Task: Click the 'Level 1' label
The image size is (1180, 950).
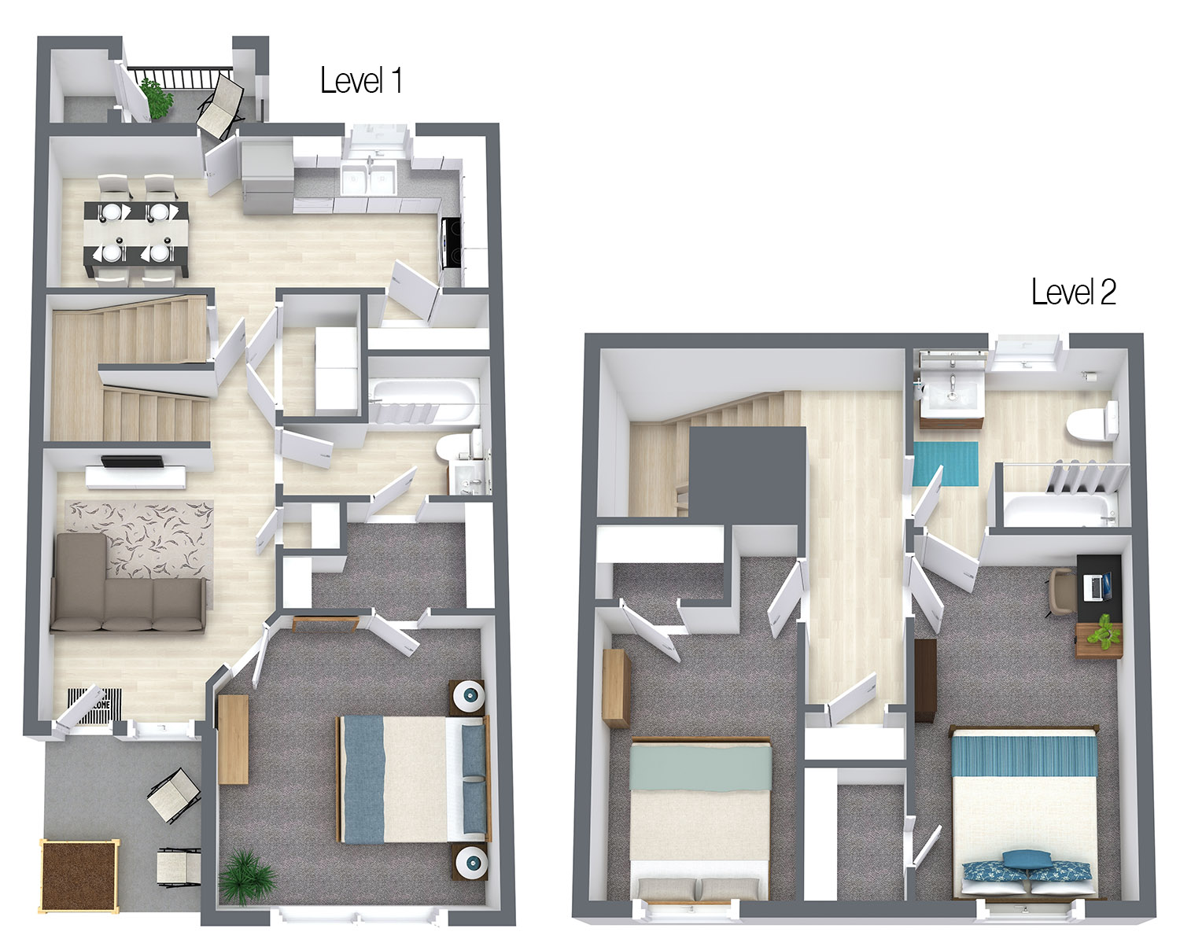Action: [361, 80]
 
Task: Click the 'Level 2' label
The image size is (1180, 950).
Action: [1073, 292]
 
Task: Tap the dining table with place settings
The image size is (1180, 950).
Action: [136, 232]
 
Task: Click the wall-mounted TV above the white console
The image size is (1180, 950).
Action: [132, 462]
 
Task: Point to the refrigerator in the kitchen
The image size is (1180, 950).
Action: [267, 177]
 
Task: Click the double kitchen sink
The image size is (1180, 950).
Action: [368, 179]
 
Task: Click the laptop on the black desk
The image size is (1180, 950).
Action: [1098, 584]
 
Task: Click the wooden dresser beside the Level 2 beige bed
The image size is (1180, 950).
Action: [617, 687]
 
